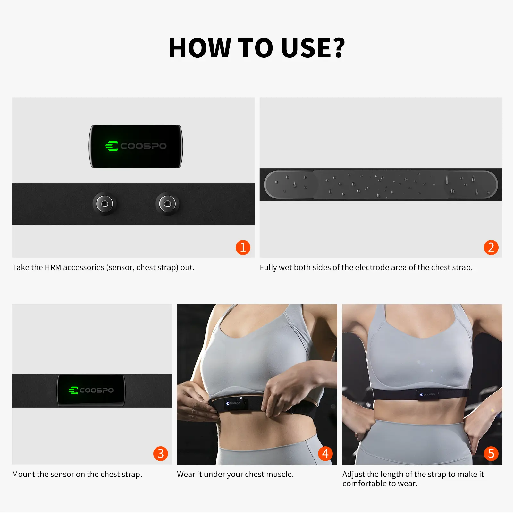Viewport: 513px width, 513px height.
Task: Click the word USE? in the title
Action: click(x=313, y=48)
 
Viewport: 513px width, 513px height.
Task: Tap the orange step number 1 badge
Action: click(x=243, y=248)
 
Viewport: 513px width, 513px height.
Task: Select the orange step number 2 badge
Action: click(x=491, y=248)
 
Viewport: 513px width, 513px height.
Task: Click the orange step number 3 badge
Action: click(x=161, y=454)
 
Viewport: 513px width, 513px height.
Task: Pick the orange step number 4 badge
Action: click(x=325, y=454)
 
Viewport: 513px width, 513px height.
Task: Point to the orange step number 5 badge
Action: click(x=491, y=454)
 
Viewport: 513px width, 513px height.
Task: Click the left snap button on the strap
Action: click(x=105, y=204)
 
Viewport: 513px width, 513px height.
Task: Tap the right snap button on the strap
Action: click(x=167, y=204)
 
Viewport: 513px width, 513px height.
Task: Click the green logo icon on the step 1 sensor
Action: click(x=112, y=146)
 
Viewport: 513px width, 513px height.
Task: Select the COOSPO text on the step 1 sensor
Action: click(x=143, y=146)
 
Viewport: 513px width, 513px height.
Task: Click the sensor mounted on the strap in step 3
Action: click(x=91, y=390)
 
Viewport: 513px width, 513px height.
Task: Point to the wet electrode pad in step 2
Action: click(x=381, y=185)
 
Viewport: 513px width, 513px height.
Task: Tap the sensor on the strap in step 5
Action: click(x=427, y=394)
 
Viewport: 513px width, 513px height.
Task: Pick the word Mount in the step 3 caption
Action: click(x=23, y=474)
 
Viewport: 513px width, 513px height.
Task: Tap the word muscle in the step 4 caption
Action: click(x=281, y=474)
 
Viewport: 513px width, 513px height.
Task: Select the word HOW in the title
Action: click(x=199, y=48)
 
